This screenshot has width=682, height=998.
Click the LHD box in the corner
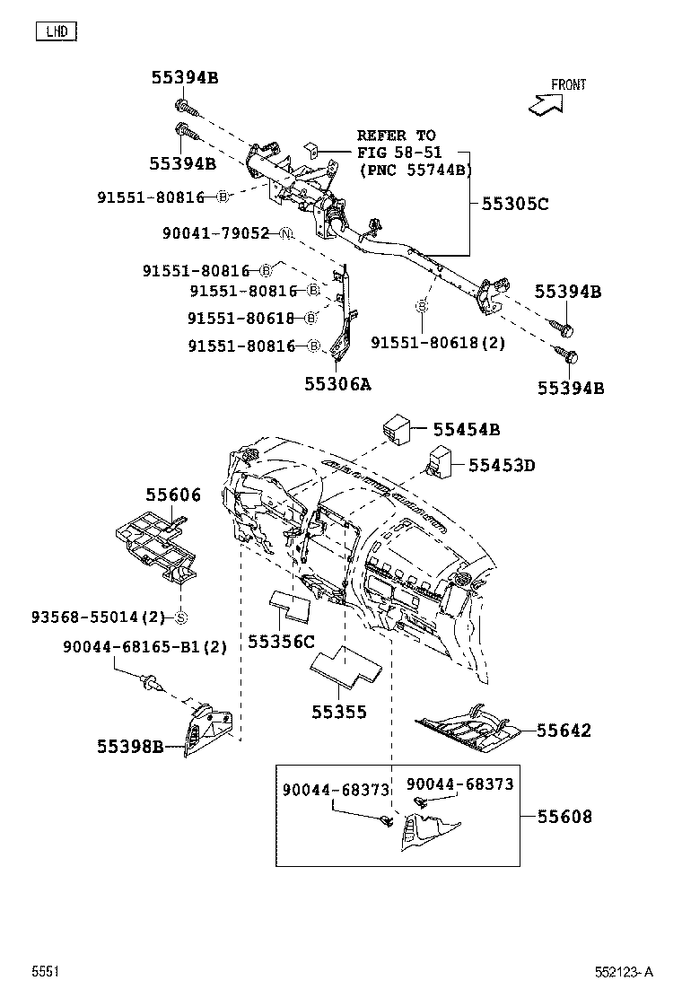[x=57, y=33]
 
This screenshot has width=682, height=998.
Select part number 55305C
[x=514, y=204]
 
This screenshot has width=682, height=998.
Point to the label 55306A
[x=337, y=383]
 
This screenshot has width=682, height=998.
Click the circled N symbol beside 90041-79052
[x=286, y=233]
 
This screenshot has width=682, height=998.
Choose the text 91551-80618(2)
[x=438, y=343]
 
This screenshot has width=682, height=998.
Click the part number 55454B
[x=466, y=430]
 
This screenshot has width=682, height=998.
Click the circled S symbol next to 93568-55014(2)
[x=179, y=617]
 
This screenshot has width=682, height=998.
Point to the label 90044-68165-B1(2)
[x=144, y=646]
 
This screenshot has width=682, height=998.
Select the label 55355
[x=339, y=713]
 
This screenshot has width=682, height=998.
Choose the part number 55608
[x=564, y=817]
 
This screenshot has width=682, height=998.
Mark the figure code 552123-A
[x=623, y=972]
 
